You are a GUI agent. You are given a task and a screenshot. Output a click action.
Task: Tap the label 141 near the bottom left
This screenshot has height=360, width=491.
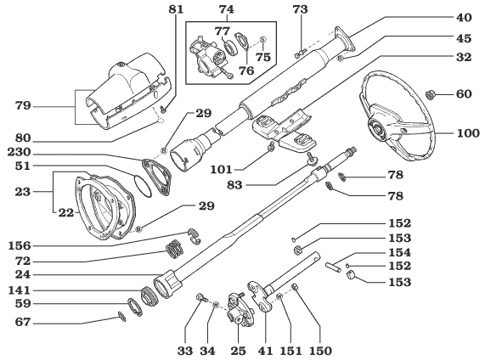(27, 290)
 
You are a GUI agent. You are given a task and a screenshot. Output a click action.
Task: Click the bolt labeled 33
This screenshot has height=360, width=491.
(200, 299)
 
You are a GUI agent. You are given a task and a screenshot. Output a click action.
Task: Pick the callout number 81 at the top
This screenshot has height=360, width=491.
(174, 9)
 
